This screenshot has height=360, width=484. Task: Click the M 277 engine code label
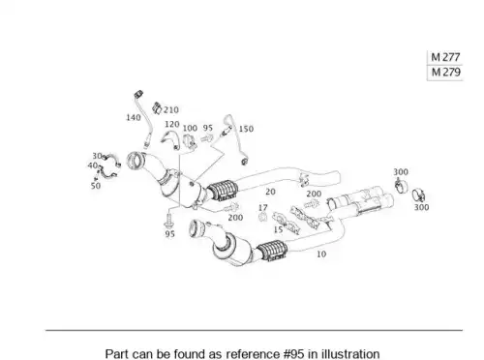pos(445,57)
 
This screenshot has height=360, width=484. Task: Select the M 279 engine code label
pos(445,72)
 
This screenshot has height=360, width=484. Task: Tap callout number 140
pos(134,117)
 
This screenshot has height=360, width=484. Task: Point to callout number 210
pos(171,110)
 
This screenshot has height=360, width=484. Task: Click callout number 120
pos(171,124)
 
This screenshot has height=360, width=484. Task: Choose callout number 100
pos(190,128)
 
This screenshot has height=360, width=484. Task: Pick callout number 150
pos(246,129)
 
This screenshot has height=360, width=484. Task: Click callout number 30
pos(97,156)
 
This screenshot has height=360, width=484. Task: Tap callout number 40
pos(93,165)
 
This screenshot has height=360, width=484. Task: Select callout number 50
pos(96,186)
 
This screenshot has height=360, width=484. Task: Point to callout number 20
pos(270,192)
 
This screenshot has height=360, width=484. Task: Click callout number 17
pos(263,208)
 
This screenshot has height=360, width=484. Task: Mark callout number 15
pos(278,229)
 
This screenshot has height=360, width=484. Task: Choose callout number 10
pos(321,255)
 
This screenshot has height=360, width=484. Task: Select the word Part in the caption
pos(115,354)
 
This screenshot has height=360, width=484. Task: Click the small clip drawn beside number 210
pos(157,108)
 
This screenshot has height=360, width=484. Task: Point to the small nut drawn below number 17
pos(263,217)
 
